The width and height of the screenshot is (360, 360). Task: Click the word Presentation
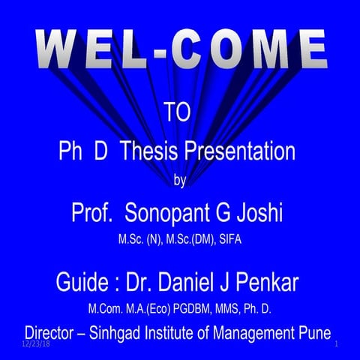coord(245,152)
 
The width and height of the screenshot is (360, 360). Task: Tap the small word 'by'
coord(179,180)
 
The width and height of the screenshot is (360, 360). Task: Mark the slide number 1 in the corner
coord(338,343)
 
